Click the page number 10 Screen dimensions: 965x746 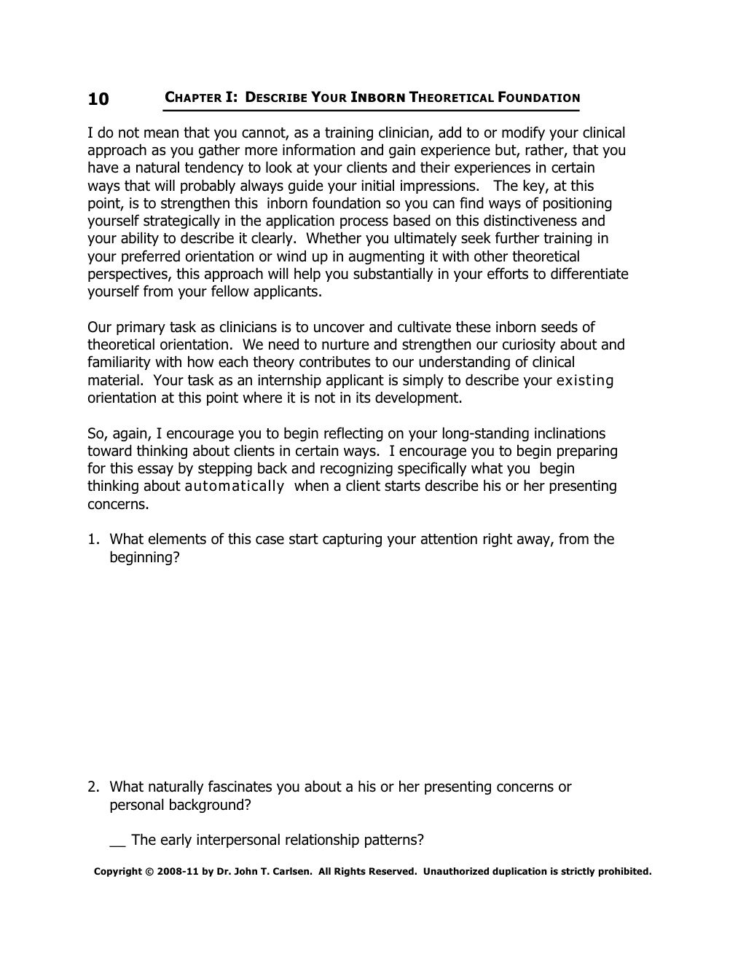tap(98, 99)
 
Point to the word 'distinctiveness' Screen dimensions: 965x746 tap(530, 221)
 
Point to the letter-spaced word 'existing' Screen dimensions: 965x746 tap(585, 380)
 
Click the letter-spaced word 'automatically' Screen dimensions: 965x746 tap(235, 487)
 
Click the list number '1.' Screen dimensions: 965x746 tap(93, 540)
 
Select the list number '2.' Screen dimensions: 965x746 tap(93, 787)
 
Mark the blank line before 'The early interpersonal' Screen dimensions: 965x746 tap(117, 841)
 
